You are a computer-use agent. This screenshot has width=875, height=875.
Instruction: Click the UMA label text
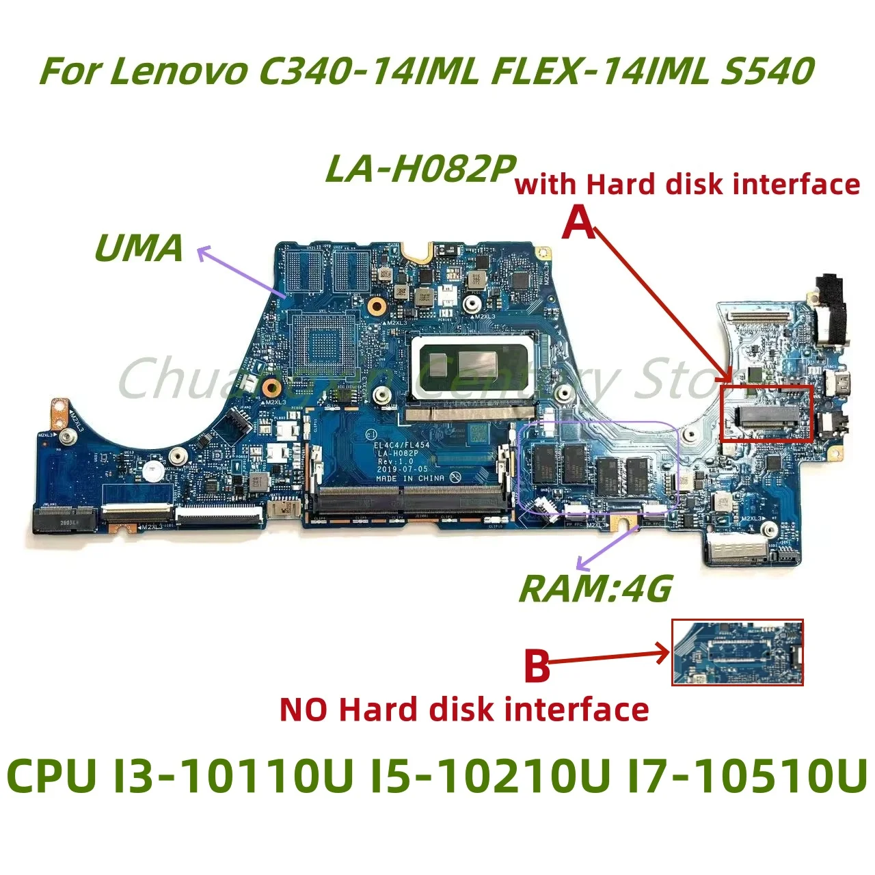(x=139, y=247)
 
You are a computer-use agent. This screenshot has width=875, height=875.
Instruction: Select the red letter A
(x=579, y=223)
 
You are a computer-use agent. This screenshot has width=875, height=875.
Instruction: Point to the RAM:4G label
(x=595, y=589)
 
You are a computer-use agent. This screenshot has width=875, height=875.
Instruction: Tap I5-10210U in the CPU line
(x=490, y=777)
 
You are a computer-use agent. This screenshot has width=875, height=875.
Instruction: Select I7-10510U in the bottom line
(x=747, y=777)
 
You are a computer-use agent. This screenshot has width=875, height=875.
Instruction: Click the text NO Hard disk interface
(x=464, y=710)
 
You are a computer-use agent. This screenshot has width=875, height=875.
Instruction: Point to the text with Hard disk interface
(x=687, y=185)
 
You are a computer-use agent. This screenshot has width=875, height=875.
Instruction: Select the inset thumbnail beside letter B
(x=738, y=652)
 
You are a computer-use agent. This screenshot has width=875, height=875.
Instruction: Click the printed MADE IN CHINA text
(x=410, y=479)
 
